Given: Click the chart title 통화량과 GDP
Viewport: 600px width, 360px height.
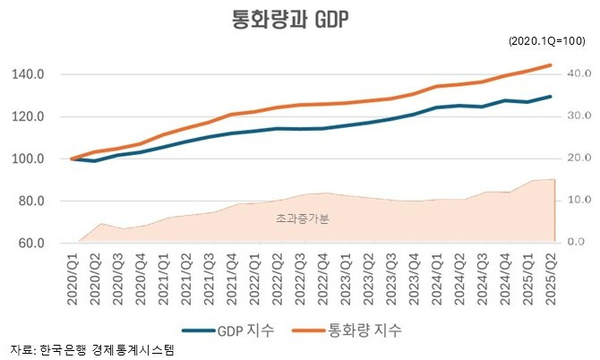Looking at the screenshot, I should tap(298, 21).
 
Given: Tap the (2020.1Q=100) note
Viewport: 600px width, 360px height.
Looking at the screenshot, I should tap(547, 42).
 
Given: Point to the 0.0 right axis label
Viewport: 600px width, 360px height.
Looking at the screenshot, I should tap(576, 243).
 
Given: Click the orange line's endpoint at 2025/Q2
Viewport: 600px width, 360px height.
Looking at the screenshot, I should tap(551, 64).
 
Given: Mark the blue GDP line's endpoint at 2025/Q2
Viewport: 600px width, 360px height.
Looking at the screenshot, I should tap(551, 97).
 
